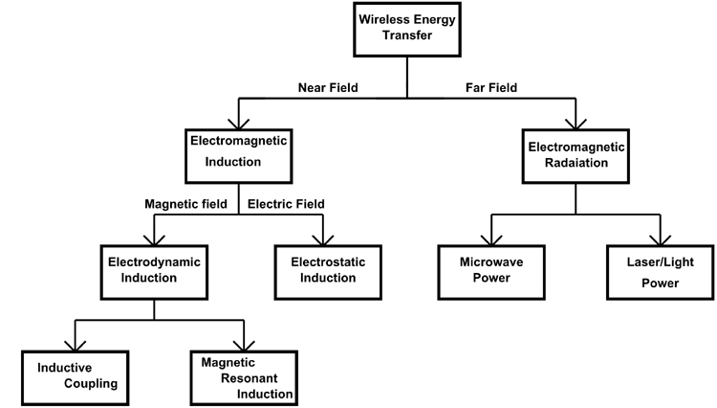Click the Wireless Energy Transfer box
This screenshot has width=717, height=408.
408,29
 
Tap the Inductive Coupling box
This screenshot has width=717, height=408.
76,375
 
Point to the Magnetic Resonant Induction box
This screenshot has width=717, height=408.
244,378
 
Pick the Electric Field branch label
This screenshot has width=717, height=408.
286,203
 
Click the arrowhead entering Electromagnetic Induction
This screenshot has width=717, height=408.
238,122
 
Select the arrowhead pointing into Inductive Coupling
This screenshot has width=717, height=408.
76,345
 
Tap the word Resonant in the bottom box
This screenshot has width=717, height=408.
244,378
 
